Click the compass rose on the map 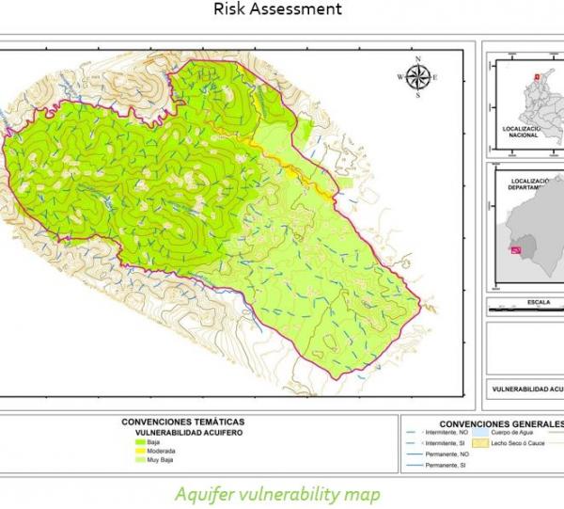pyautogui.click(x=419, y=77)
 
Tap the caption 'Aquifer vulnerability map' pyautogui.click(x=279, y=493)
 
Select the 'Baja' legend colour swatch pyautogui.click(x=142, y=441)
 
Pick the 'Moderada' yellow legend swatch pyautogui.click(x=142, y=451)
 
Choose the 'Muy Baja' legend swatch pyautogui.click(x=142, y=460)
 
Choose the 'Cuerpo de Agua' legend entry pyautogui.click(x=516, y=432)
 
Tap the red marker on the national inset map pyautogui.click(x=537, y=78)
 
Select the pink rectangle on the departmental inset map pyautogui.click(x=512, y=249)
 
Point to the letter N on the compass pyautogui.click(x=419, y=64)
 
